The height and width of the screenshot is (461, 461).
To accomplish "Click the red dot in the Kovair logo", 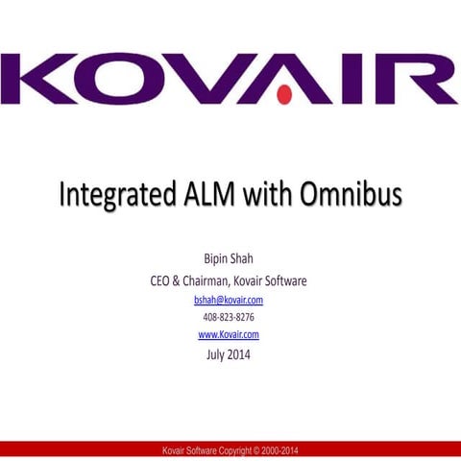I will pyautogui.click(x=284, y=94).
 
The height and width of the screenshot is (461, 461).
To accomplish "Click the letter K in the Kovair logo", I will pyautogui.click(x=40, y=80).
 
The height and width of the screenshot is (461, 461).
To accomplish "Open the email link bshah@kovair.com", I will pyautogui.click(x=229, y=300).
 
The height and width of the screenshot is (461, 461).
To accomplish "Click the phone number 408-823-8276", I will pyautogui.click(x=229, y=317).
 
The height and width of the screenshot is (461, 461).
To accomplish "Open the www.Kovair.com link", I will pyautogui.click(x=229, y=334).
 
